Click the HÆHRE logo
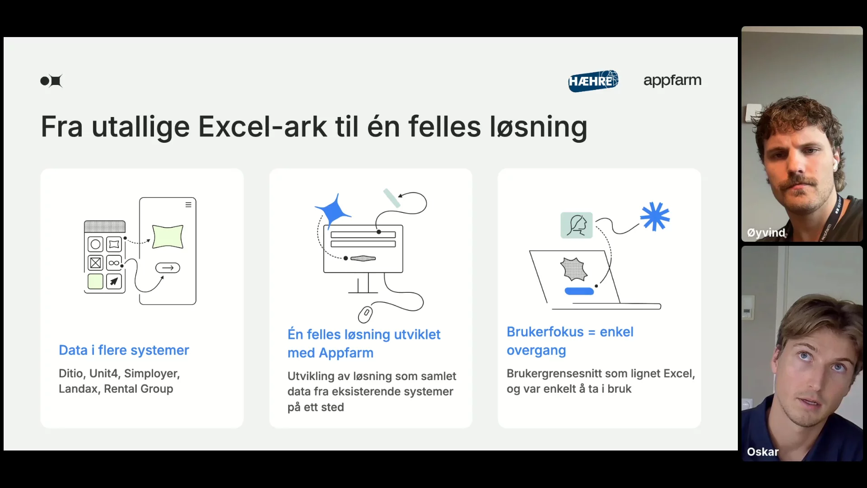pos(593,81)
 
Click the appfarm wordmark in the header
pos(672,80)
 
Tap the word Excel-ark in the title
pos(262,127)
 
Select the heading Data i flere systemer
pos(124,350)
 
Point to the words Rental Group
pos(139,389)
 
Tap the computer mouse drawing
pos(365,314)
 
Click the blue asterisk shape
pos(655,216)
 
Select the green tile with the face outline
pos(577,225)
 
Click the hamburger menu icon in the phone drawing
pos(188,205)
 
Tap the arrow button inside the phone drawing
pos(168,268)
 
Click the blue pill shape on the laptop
pos(579,291)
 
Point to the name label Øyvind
pos(766,233)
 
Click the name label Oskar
pos(763,452)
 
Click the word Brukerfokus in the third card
pos(545,332)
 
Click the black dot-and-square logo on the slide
pos(51,81)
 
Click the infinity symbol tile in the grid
pos(114,263)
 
